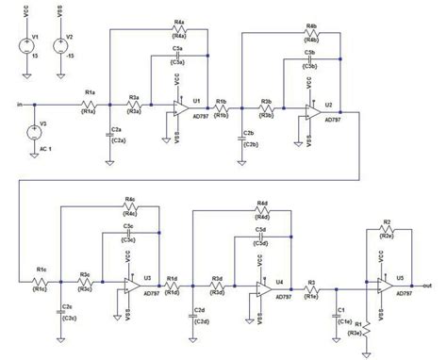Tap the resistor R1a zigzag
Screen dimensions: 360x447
[x=89, y=102]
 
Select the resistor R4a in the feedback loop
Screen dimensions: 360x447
[x=179, y=29]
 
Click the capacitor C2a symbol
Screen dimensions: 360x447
[x=111, y=137]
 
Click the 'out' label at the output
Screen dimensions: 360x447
[x=428, y=285]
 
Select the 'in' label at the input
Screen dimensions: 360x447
[x=20, y=102]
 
